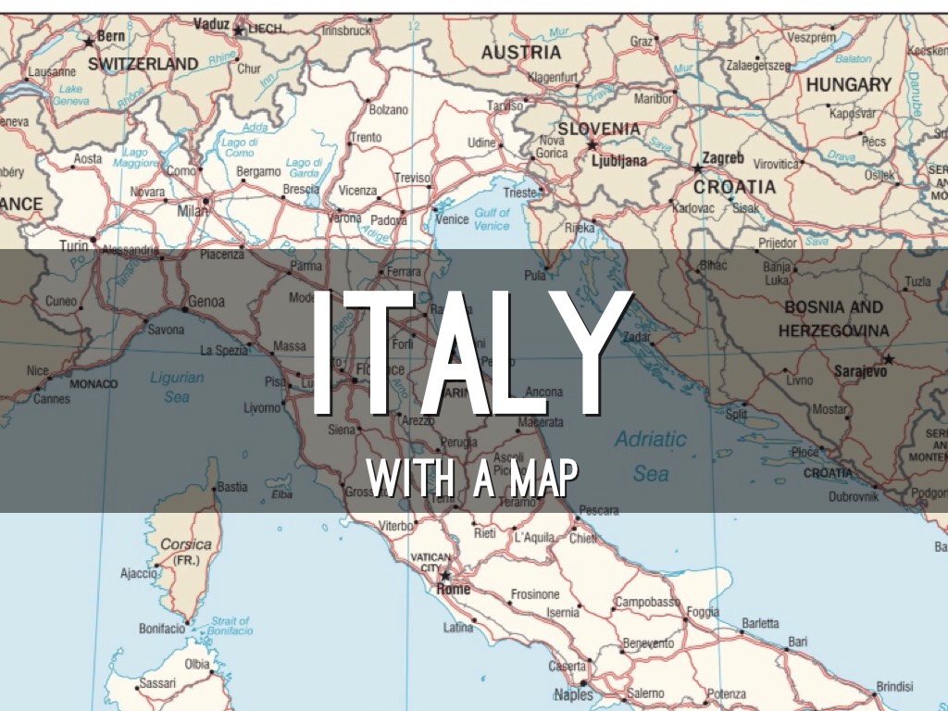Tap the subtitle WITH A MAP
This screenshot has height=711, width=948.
pyautogui.click(x=472, y=479)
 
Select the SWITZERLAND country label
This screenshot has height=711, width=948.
pyautogui.click(x=143, y=64)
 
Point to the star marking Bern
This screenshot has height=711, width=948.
pyautogui.click(x=90, y=42)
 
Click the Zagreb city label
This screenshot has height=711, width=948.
pyautogui.click(x=723, y=158)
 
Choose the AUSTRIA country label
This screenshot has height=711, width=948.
pyautogui.click(x=520, y=53)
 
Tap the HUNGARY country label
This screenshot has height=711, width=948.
pyautogui.click(x=848, y=84)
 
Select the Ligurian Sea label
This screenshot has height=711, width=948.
pyautogui.click(x=176, y=387)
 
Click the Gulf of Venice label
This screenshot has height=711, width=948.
pyautogui.click(x=492, y=219)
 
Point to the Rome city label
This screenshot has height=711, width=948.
pyautogui.click(x=454, y=590)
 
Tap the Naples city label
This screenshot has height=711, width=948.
pyautogui.click(x=573, y=694)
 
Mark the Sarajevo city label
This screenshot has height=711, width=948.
pyautogui.click(x=862, y=371)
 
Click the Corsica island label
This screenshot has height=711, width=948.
pyautogui.click(x=186, y=544)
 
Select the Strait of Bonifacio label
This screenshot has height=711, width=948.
pyautogui.click(x=231, y=626)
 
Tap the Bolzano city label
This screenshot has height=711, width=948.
pyautogui.click(x=389, y=109)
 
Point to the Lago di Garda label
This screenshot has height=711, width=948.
pyautogui.click(x=304, y=167)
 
